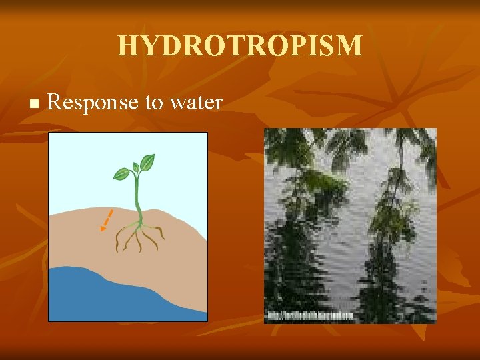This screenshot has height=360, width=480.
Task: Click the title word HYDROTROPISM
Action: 240,46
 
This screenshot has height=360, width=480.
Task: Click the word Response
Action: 88,102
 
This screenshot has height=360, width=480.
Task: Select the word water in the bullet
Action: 196,103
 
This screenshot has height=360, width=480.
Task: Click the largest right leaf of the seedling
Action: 147,162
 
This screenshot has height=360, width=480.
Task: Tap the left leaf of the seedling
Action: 121,174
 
